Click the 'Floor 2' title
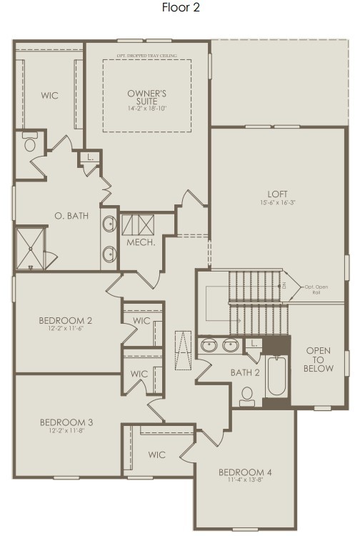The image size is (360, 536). point(181,8)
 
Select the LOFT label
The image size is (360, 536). point(277,194)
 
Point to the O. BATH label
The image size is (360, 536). point(71,215)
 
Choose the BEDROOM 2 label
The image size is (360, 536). point(65,321)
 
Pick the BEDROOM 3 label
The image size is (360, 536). point(65,422)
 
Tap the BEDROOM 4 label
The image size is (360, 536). point(245,472)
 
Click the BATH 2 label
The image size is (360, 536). point(245,372)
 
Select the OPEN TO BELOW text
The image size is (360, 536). point(319,359)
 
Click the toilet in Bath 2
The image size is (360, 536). point(247,396)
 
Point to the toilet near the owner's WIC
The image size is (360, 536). point(30,143)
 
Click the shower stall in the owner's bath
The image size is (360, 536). point(31,247)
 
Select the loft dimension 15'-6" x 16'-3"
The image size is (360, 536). point(277,203)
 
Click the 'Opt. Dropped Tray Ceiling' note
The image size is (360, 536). point(146,55)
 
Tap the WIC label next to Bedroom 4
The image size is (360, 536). point(157,455)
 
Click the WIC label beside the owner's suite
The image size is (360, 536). point(49,95)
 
